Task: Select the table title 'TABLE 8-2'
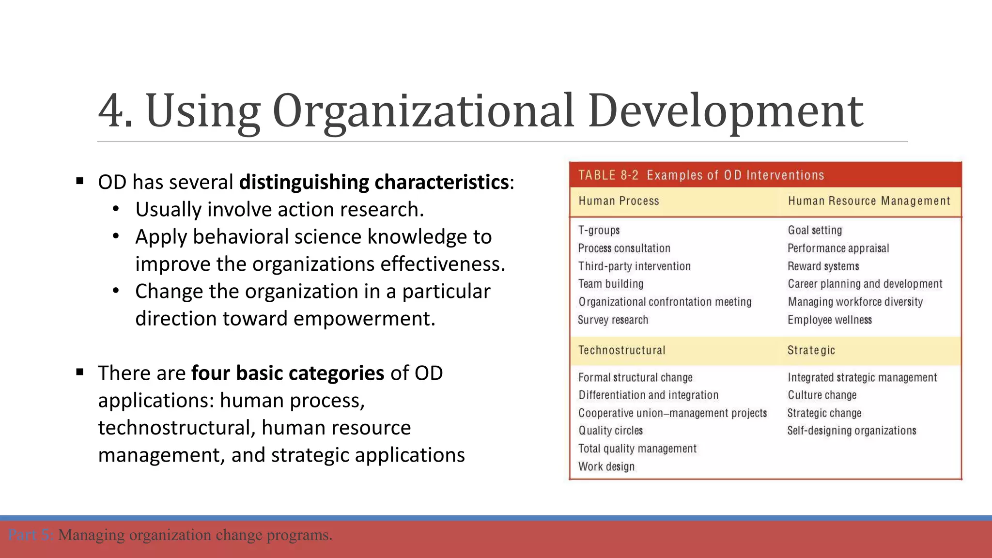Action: coord(608,175)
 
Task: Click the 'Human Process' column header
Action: coord(619,201)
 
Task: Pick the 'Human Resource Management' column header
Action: coord(869,201)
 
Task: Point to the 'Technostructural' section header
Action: coord(622,350)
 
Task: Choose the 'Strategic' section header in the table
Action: coord(811,350)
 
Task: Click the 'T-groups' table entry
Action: coord(599,231)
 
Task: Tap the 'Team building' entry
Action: coord(611,284)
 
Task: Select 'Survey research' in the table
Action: coord(613,320)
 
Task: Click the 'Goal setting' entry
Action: coord(815,231)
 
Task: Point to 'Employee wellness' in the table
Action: coord(830,320)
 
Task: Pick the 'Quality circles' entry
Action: coord(611,431)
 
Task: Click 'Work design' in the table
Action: coord(606,466)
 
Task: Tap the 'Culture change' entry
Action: coord(822,395)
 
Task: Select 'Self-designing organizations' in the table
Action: coord(852,431)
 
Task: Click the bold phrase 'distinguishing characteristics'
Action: coord(374,182)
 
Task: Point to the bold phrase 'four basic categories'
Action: coord(288,373)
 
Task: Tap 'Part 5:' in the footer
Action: coord(30,535)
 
